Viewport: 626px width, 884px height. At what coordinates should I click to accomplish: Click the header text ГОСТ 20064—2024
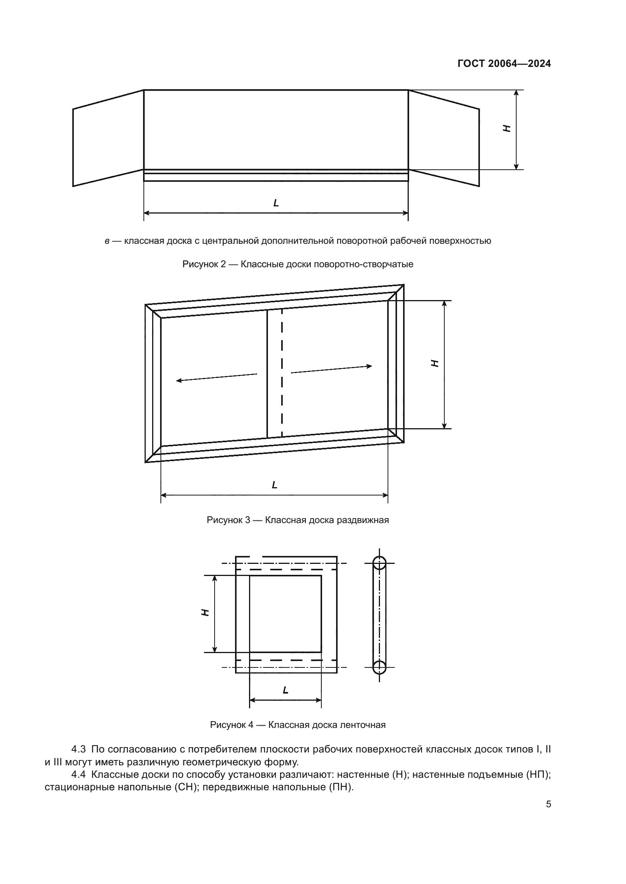[x=504, y=63]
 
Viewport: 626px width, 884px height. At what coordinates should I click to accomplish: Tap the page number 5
[x=548, y=805]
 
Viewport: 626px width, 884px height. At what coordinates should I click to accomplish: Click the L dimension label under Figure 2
[x=276, y=203]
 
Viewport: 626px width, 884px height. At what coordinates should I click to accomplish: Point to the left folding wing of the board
[x=108, y=139]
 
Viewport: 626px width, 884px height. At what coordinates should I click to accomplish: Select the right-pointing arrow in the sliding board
[x=332, y=369]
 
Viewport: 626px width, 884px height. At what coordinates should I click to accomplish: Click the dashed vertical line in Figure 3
[x=282, y=373]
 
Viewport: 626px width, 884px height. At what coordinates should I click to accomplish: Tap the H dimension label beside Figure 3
[x=434, y=363]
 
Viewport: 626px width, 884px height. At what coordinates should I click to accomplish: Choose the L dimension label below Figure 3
[x=274, y=485]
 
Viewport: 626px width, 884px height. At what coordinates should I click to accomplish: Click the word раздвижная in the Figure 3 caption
[x=363, y=520]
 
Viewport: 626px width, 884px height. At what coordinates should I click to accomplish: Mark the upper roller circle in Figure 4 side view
[x=379, y=563]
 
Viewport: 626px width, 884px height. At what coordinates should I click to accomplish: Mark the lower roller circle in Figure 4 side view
[x=379, y=667]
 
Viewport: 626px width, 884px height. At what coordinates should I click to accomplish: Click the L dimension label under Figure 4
[x=285, y=690]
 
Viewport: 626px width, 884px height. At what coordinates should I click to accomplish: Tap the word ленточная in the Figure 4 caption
[x=363, y=725]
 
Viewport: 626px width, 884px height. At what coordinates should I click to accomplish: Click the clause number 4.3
[x=79, y=749]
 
